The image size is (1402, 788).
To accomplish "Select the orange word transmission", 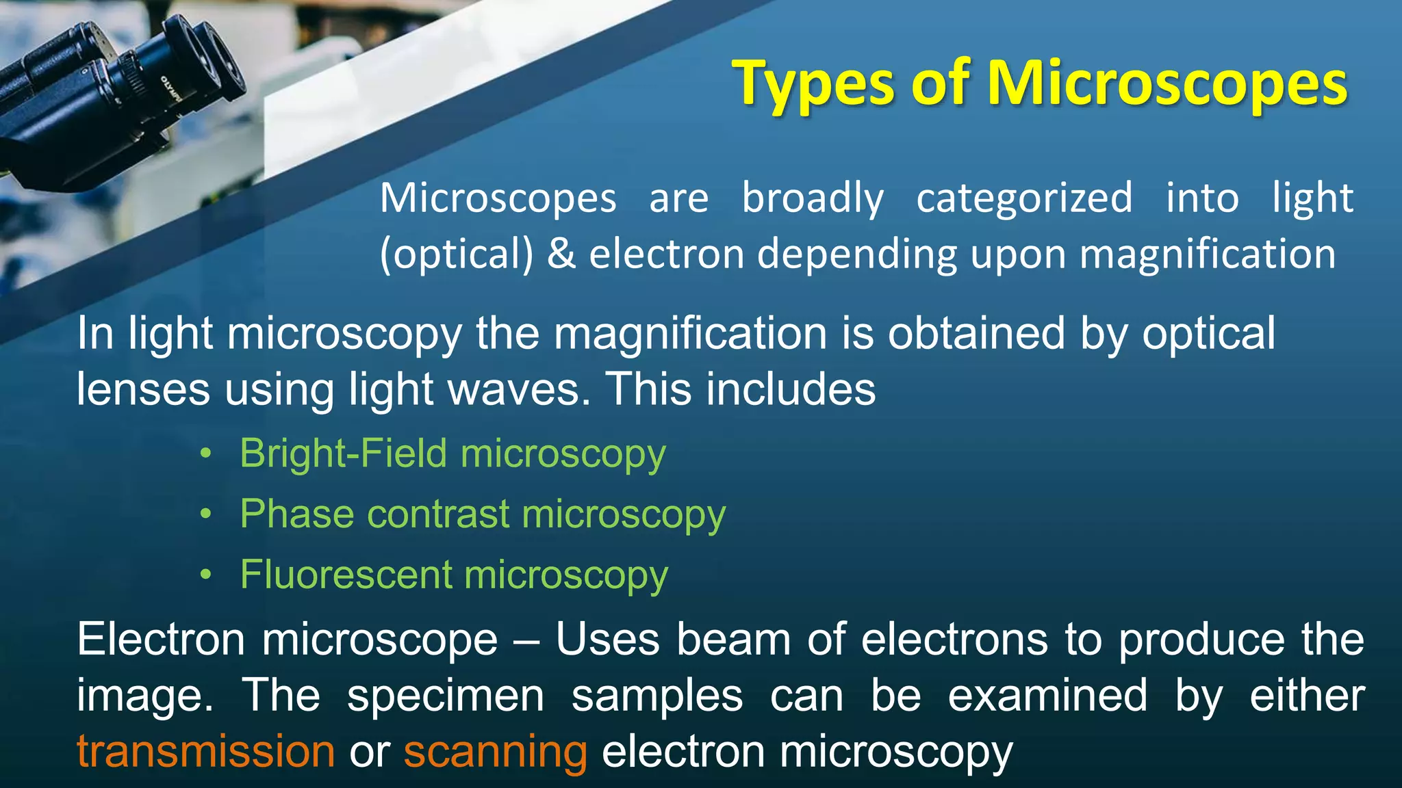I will pos(205,751).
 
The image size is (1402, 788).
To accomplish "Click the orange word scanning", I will pos(495,751).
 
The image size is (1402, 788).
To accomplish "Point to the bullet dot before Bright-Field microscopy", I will pos(206,454).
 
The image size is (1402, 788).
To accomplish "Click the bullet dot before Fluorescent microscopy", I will pos(206,575).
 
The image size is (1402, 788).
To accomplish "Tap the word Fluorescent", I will pos(346,574).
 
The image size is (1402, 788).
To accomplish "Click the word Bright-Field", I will pos(343,454).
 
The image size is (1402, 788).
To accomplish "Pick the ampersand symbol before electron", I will pos(561,254).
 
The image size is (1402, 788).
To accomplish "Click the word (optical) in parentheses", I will pos(456,254).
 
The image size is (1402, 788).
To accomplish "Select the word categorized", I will pos(1024,198).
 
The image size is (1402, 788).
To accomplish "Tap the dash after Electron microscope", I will pos(526,640).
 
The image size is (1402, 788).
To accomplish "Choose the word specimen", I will pos(446,696).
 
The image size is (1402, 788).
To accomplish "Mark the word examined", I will pos(1047,696).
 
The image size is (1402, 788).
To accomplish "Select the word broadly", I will pos(813,198).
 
